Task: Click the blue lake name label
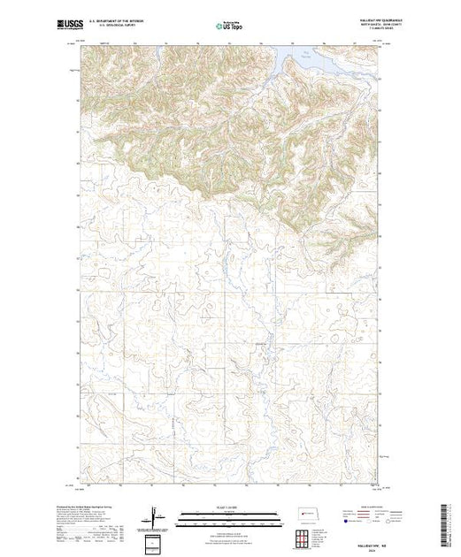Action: coord(306,54)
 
